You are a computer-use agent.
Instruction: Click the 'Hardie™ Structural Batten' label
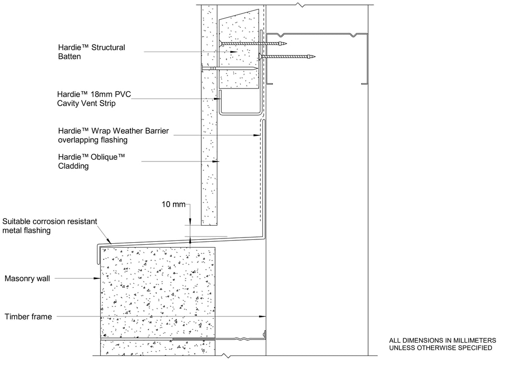click(x=91, y=52)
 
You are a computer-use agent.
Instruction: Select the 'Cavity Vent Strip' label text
click(x=86, y=103)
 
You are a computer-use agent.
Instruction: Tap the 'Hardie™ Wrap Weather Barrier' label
click(x=113, y=131)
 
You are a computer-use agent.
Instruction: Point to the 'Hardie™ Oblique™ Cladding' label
click(x=91, y=162)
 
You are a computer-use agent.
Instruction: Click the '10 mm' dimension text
click(x=173, y=204)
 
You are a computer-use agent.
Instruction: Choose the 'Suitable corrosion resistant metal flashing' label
click(x=50, y=226)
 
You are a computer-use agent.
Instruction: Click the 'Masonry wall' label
click(x=27, y=279)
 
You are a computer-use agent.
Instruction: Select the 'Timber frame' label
click(x=28, y=316)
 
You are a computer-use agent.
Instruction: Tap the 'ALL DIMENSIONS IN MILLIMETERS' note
click(x=443, y=340)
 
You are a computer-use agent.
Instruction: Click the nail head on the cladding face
click(x=202, y=68)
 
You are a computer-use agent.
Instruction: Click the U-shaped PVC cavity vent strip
click(x=240, y=113)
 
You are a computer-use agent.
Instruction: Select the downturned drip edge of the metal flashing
click(x=97, y=254)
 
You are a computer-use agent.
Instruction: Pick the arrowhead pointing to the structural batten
click(x=234, y=52)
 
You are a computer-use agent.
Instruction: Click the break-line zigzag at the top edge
click(x=301, y=5)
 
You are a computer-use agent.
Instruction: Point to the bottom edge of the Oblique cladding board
click(x=209, y=225)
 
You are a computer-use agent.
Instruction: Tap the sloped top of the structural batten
click(x=239, y=15)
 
